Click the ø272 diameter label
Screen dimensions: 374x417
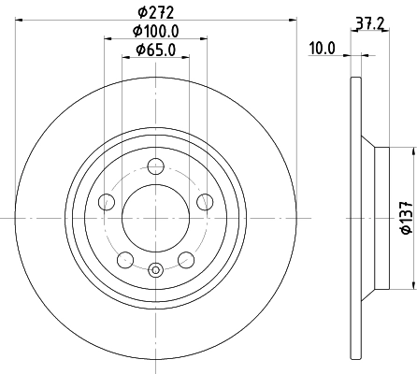click(156, 12)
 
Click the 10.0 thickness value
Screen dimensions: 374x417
click(322, 49)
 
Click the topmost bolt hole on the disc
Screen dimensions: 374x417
click(156, 166)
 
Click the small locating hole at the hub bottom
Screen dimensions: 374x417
click(156, 271)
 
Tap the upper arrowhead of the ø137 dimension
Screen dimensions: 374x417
click(412, 151)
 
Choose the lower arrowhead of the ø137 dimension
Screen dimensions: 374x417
click(412, 284)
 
